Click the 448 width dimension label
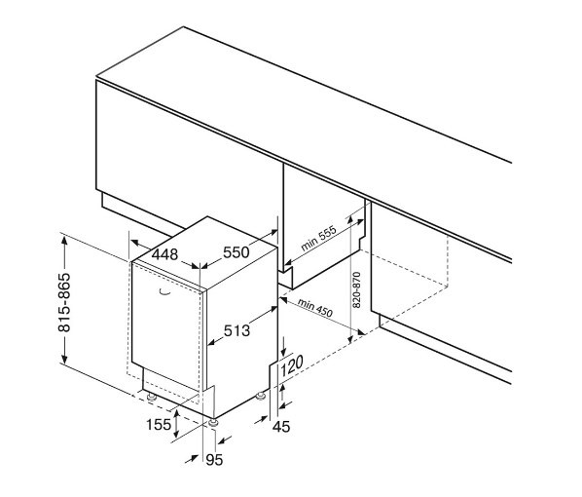pyautogui.click(x=165, y=254)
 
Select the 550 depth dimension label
pyautogui.click(x=236, y=252)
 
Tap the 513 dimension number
pyautogui.click(x=236, y=330)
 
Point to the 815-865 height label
pyautogui.click(x=64, y=302)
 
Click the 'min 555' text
pyautogui.click(x=318, y=238)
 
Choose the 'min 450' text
pyautogui.click(x=314, y=308)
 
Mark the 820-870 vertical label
pyautogui.click(x=356, y=289)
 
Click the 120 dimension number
pyautogui.click(x=292, y=365)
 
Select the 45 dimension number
pyautogui.click(x=281, y=427)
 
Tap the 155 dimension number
pyautogui.click(x=159, y=425)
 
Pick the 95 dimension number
pyautogui.click(x=214, y=460)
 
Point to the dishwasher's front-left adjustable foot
pyautogui.click(x=152, y=397)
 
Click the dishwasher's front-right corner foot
pyautogui.click(x=213, y=423)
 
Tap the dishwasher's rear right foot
pyautogui.click(x=261, y=397)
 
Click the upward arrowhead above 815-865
pyautogui.click(x=64, y=241)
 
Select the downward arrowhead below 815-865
pyautogui.click(x=64, y=359)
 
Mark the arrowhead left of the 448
pyautogui.click(x=135, y=243)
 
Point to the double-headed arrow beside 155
pyautogui.click(x=177, y=423)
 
